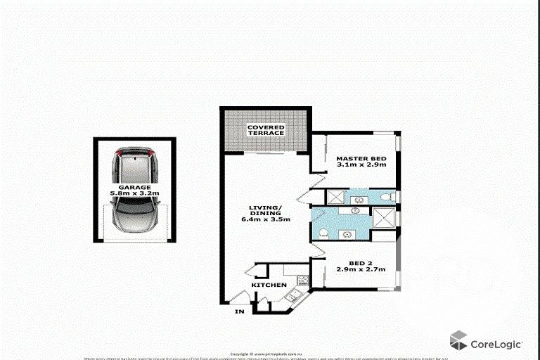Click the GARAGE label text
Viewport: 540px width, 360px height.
coord(134,187)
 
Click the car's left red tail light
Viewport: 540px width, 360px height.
coord(120,153)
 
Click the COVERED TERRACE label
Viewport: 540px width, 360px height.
coord(265,130)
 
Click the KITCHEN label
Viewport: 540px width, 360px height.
coord(269,285)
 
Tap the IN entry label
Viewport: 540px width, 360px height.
coord(240,311)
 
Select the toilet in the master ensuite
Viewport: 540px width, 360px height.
coord(387,197)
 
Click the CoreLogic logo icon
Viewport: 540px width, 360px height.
coord(458,341)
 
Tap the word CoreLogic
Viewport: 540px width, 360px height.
coord(496,344)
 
